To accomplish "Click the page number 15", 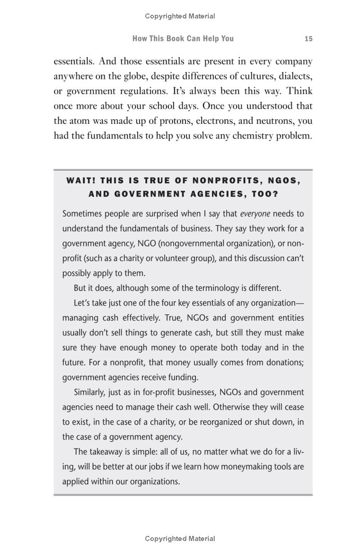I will pos(308,39).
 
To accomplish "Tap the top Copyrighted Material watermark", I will pos(180,16).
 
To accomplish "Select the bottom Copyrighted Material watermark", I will pos(180,538).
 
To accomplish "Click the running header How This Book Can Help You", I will pos(183,39).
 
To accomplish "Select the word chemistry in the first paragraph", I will pos(252,136).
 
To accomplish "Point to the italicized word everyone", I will pos(255,213).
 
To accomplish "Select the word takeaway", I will pos(107,451).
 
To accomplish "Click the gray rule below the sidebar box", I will pos(183,495).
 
